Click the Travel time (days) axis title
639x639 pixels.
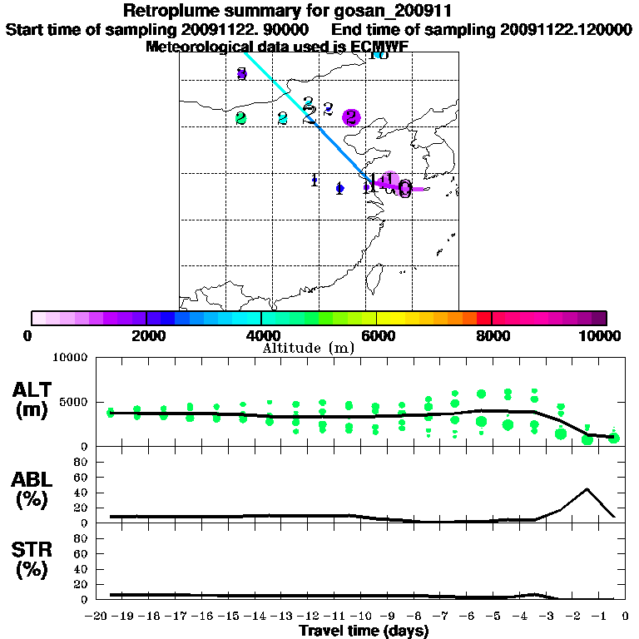364,632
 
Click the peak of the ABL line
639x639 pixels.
587,488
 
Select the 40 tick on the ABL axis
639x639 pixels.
82,493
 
